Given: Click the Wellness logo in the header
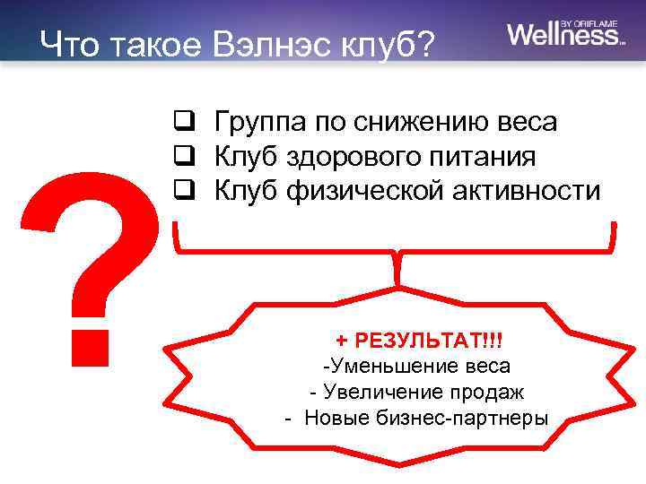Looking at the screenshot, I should (563, 34).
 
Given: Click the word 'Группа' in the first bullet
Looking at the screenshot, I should (253, 122).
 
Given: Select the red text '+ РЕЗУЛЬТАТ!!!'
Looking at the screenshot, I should (419, 340).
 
